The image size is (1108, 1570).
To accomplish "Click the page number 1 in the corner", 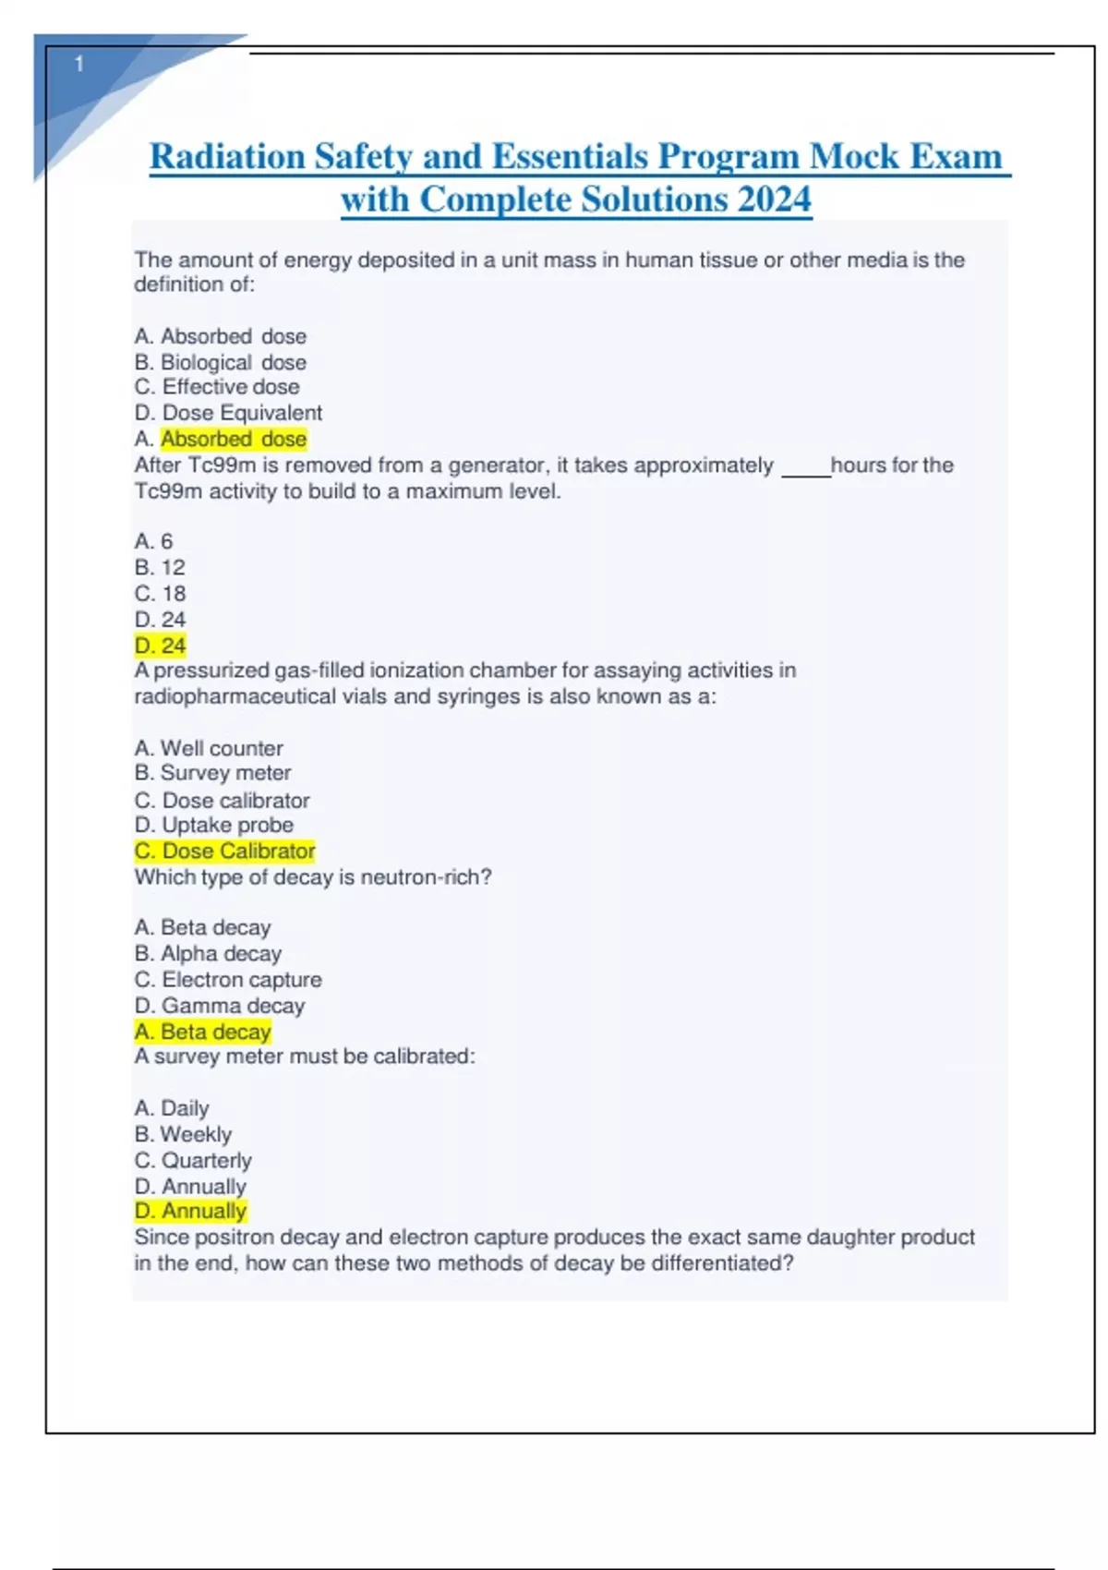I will click(79, 64).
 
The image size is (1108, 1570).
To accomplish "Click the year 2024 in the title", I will click(774, 199).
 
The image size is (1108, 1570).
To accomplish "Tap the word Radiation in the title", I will click(227, 157).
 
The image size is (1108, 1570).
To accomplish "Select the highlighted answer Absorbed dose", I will click(234, 439).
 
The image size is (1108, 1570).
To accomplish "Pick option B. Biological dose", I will click(221, 362).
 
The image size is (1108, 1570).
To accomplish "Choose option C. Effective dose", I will click(217, 387).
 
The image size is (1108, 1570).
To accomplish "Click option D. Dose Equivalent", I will click(228, 413).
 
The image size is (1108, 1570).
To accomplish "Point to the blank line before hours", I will click(805, 471).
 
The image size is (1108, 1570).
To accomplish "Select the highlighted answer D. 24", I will click(160, 646).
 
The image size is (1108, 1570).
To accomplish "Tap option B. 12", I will click(160, 567).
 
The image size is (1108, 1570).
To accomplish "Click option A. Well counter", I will click(209, 748).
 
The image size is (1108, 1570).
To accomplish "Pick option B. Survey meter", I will click(212, 773).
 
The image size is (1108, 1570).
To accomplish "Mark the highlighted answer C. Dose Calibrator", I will click(225, 851).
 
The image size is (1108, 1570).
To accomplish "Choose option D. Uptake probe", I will click(214, 825).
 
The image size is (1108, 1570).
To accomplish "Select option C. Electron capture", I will click(228, 980).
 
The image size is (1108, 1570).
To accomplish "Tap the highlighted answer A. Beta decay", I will click(203, 1032).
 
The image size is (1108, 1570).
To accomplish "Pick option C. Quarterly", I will click(193, 1160).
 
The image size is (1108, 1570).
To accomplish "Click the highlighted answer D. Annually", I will click(191, 1211).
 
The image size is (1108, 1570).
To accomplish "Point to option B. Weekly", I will click(183, 1134).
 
